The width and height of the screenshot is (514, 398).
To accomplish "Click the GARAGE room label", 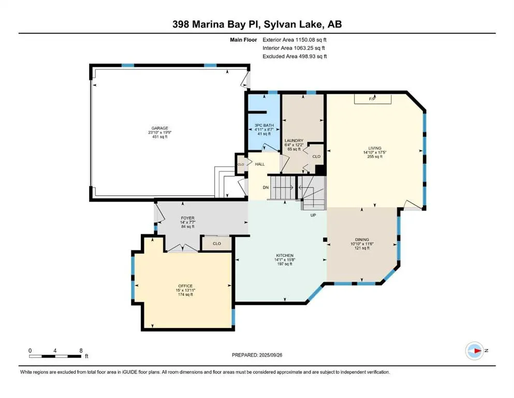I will click(160, 128).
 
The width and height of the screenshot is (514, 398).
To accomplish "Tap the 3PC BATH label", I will click(264, 125).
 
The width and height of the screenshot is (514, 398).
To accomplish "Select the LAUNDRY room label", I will click(293, 140).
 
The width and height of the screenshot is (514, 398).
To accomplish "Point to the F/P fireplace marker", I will click(372, 98).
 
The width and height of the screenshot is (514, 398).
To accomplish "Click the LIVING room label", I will click(375, 148).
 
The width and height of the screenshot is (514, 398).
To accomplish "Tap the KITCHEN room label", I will click(285, 255).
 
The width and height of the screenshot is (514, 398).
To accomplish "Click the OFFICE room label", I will click(185, 286).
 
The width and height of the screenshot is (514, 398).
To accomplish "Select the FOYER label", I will click(187, 218).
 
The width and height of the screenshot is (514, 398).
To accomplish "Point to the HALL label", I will click(260, 164).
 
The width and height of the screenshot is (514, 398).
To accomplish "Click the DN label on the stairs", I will click(266, 188).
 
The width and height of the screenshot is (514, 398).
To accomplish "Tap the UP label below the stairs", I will click(313, 215).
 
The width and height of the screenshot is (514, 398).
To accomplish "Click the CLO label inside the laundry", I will click(317, 155).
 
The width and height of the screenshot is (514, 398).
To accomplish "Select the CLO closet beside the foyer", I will click(217, 243).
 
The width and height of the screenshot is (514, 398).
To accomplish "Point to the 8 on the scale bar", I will click(81, 350).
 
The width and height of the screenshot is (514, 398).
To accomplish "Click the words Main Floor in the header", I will click(243, 39).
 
